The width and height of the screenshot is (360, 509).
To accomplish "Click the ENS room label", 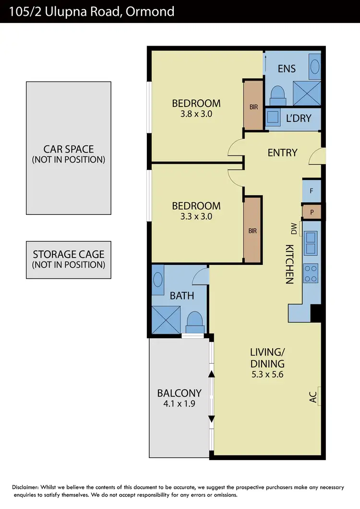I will click(x=287, y=69).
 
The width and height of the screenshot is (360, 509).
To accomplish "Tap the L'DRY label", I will click(x=299, y=118).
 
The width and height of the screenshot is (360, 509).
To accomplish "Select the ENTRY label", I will click(x=282, y=153).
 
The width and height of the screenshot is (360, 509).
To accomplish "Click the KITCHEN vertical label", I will click(x=289, y=264).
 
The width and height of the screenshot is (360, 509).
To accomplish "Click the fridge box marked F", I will click(x=312, y=191).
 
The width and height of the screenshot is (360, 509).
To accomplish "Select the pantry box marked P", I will click(x=312, y=212).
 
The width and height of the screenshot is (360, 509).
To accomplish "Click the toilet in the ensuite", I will click(x=278, y=95).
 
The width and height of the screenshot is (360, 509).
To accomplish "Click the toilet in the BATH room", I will click(x=194, y=321).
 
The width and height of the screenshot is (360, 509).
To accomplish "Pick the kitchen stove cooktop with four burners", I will click(x=311, y=273).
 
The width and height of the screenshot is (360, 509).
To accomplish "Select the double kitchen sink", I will click(x=311, y=243).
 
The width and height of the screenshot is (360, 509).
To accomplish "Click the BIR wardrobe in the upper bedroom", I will click(x=253, y=107).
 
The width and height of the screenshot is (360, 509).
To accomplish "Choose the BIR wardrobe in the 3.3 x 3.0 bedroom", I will click(x=252, y=231).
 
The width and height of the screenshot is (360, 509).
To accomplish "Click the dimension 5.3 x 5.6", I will click(x=267, y=374).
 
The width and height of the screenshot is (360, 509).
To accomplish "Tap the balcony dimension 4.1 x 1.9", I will click(x=179, y=403).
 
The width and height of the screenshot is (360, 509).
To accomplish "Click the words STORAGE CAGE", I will click(x=68, y=254).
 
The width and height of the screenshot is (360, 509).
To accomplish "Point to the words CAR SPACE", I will click(x=69, y=149).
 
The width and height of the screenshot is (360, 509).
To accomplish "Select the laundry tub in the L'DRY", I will click(x=274, y=117).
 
